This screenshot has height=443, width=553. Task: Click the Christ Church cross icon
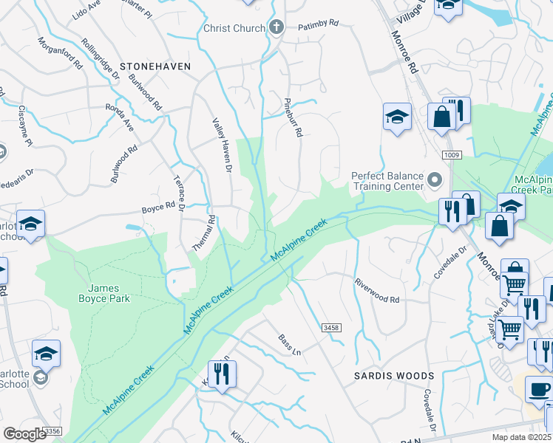pos(276,28)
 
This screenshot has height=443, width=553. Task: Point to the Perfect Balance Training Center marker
pos(435,180)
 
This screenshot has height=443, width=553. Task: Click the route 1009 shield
pos(452,155)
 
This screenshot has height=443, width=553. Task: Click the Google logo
pos(25,433)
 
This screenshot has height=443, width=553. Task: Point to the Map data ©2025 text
pos(520,437)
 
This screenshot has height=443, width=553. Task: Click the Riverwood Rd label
pos(377,291)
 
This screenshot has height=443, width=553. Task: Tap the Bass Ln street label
pos(290,344)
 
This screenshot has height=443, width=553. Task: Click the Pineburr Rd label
pos(293,117)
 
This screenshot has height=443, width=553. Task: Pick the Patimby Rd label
pos(318,24)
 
